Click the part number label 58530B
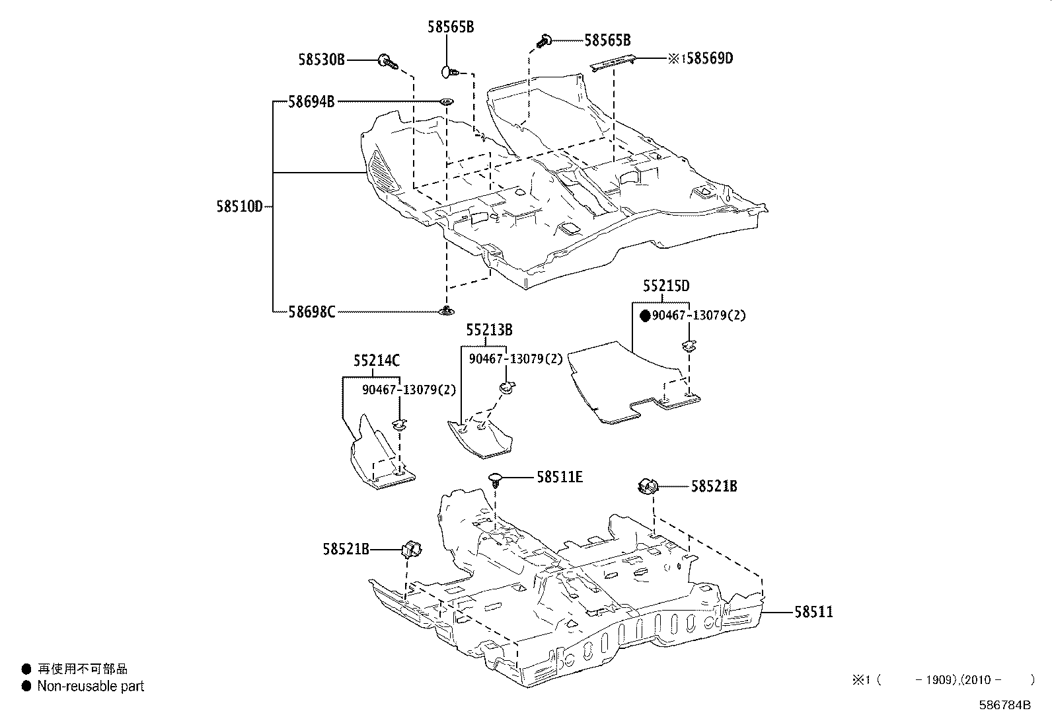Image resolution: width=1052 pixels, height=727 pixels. click(x=322, y=60)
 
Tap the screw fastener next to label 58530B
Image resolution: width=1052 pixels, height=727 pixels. click(x=388, y=61)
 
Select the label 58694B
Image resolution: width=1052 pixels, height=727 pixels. click(x=311, y=102)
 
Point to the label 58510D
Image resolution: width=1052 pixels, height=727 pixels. click(x=239, y=206)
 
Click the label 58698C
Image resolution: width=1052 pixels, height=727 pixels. click(x=312, y=312)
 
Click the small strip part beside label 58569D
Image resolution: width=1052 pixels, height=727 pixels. click(x=613, y=62)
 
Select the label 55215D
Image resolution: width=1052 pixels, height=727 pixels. click(x=666, y=285)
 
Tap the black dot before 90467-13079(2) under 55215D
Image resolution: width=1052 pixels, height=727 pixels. click(x=646, y=316)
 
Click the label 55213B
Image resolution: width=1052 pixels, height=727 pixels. click(x=490, y=330)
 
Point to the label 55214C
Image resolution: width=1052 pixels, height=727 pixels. click(x=377, y=361)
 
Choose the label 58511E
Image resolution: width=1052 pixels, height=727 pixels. click(x=560, y=478)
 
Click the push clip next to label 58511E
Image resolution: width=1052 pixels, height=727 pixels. click(x=495, y=480)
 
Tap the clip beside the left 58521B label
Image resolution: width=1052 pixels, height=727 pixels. click(x=412, y=549)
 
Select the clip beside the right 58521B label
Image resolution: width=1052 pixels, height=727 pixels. click(x=648, y=486)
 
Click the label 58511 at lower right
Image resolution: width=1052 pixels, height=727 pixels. click(x=814, y=612)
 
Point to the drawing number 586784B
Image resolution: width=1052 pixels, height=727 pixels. click(x=1004, y=705)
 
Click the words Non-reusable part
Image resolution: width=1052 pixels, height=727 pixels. click(x=91, y=686)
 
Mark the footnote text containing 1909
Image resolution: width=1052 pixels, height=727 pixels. click(x=944, y=679)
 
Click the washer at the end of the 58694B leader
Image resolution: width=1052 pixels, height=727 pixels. click(x=447, y=102)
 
